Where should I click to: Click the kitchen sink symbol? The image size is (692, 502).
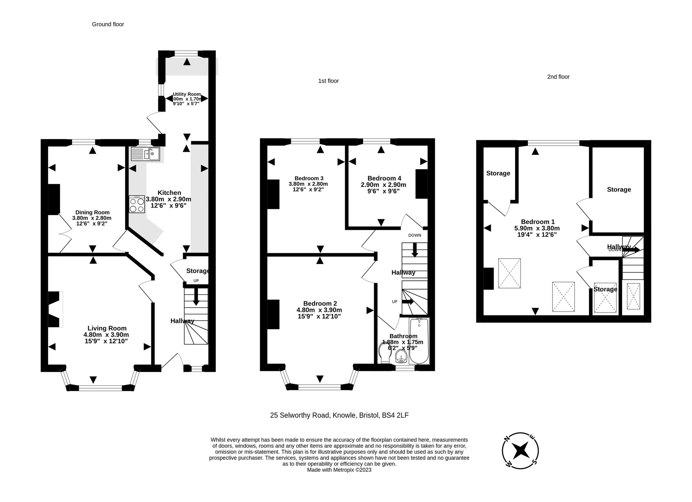[146, 154]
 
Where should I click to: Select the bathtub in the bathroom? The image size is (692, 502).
[419, 341]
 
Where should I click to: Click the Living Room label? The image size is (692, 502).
[107, 328]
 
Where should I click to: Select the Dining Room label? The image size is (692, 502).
[92, 213]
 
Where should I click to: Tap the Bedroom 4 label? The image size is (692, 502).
[384, 178]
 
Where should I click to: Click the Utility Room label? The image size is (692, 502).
[187, 94]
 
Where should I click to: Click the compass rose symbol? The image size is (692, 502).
[520, 450]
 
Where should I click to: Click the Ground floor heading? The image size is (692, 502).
[108, 24]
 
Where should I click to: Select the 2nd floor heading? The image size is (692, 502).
[558, 77]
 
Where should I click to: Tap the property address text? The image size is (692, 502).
[339, 415]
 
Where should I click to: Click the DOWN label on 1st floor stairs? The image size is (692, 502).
[414, 235]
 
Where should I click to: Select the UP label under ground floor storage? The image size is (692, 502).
[196, 281]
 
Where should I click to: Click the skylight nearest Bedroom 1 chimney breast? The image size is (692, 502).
[509, 273]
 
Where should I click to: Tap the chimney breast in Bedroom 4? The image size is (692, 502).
[421, 184]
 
